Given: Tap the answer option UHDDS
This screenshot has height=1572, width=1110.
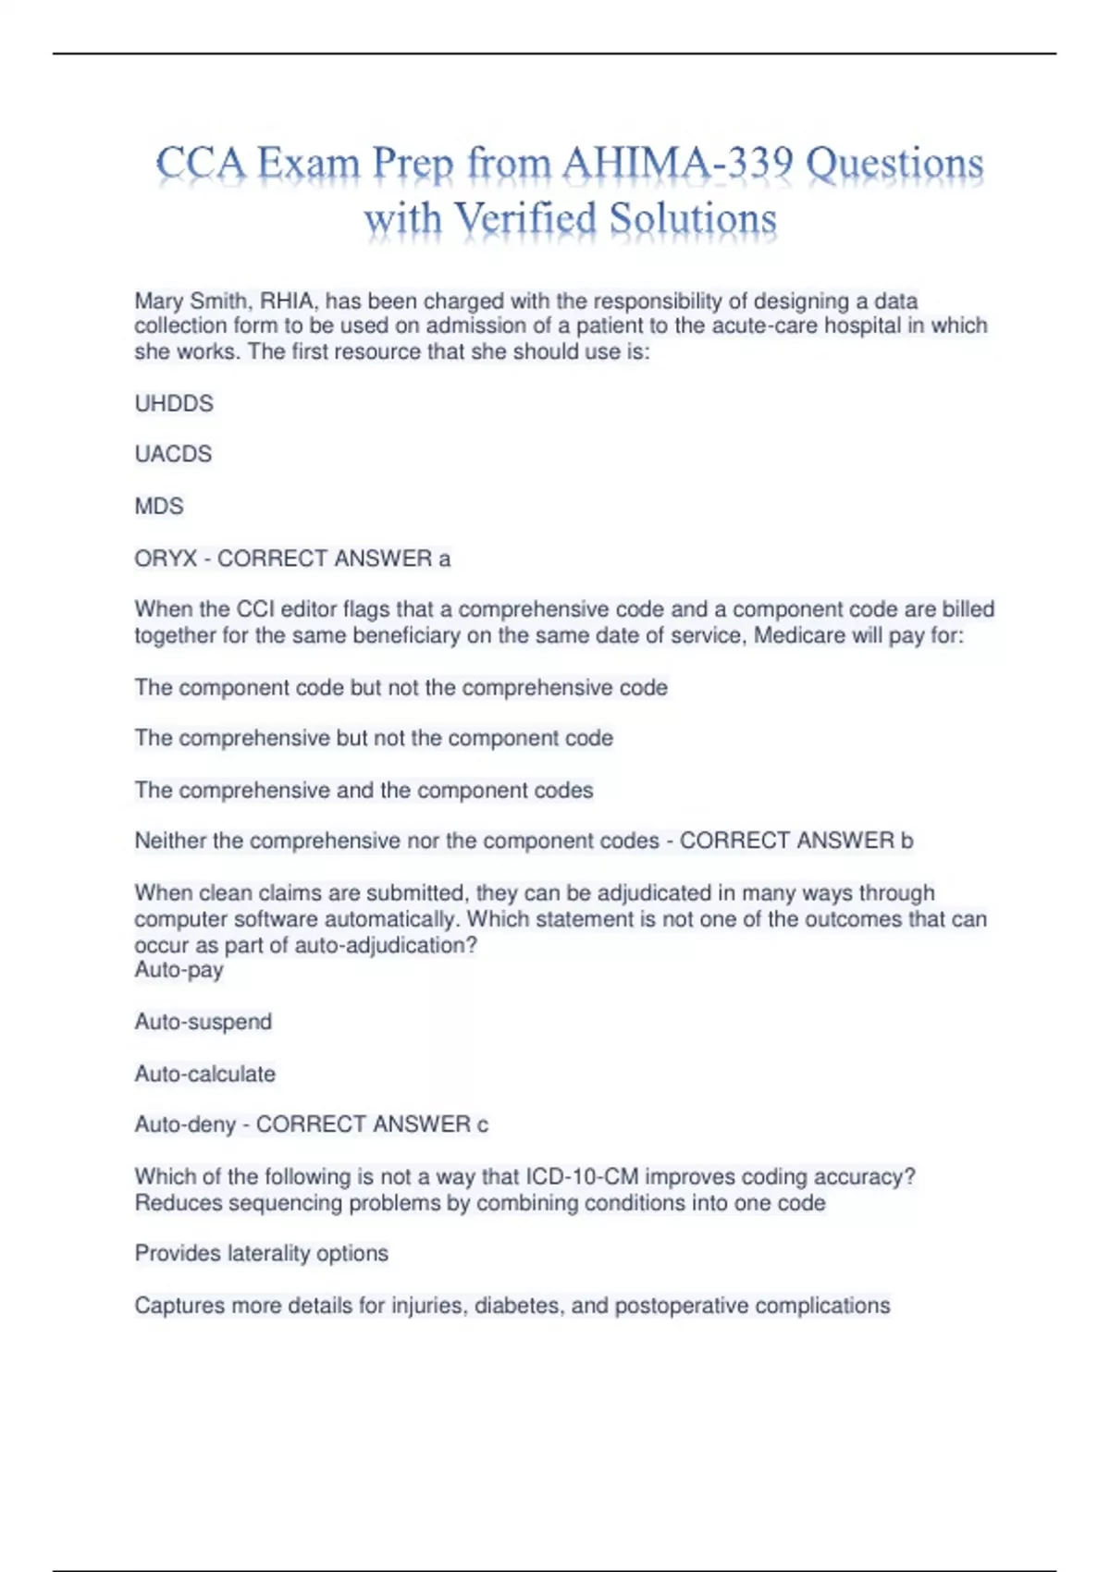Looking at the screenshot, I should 174,403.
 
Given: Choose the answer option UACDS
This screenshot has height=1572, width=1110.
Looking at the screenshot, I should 173,454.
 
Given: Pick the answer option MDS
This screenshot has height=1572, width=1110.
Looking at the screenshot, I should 159,506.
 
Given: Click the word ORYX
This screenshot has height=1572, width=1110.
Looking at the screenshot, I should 166,559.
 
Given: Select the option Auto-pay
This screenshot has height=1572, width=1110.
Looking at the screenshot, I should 179,970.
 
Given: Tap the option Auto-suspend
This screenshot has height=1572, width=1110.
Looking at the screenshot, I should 203,1022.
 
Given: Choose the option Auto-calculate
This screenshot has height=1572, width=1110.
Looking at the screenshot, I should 205,1074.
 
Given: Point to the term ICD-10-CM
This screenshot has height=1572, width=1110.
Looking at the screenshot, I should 582,1176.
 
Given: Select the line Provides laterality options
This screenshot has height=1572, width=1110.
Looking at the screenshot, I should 262,1253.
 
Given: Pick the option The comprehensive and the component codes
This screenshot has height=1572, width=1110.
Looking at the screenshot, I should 364,790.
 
